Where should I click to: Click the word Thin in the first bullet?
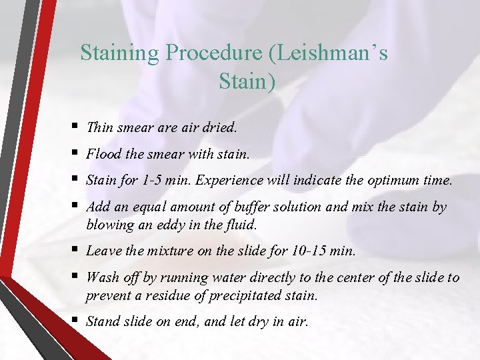pos(100,127)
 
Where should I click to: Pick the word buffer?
pos(245,207)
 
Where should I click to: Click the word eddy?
pos(170,225)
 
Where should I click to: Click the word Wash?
pos(103,277)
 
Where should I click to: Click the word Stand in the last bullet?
pos(103,321)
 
